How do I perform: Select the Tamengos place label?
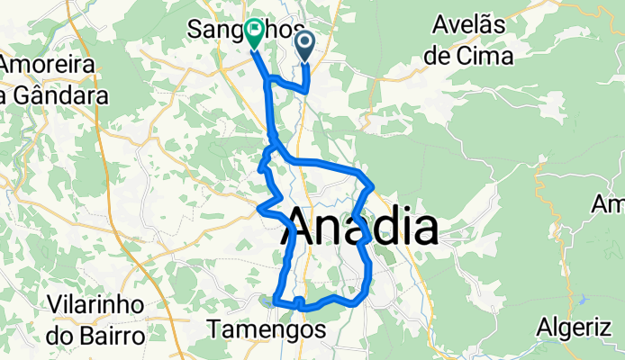(267, 330)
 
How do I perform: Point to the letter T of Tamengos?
(214, 330)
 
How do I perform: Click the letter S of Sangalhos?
(195, 29)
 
